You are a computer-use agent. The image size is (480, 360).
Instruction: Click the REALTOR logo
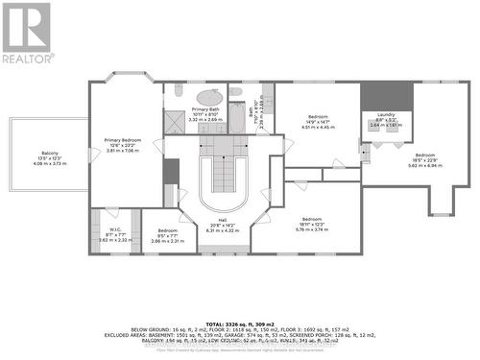coord(27,33)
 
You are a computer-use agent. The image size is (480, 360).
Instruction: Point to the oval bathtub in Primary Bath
coord(209,96)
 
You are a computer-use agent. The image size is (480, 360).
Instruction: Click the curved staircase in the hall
coord(223,179)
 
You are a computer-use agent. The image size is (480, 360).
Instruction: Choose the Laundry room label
coord(387,119)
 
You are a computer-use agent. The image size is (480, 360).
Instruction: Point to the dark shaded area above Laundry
coord(387,96)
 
